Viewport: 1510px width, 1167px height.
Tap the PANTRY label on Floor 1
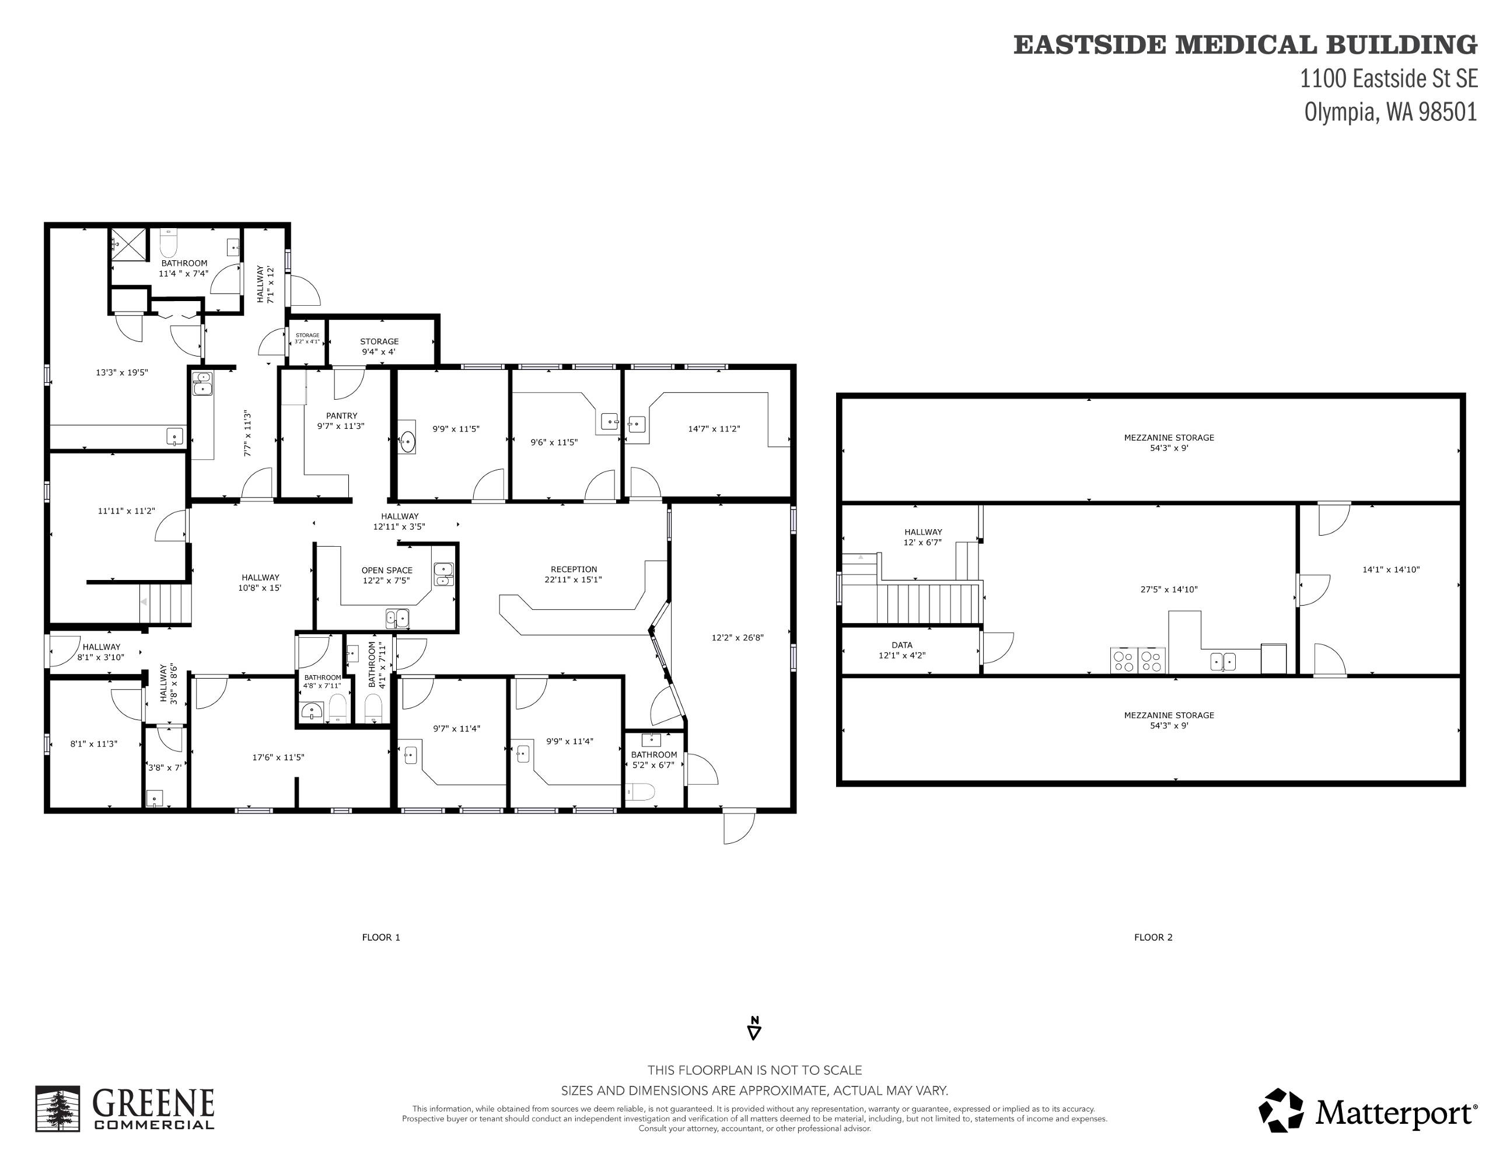[341, 415]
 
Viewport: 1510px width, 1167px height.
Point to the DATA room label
[901, 645]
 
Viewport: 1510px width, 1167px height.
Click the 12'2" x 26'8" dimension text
[737, 637]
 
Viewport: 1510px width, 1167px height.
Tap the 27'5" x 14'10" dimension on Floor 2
[1169, 590]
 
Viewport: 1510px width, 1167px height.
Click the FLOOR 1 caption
[381, 938]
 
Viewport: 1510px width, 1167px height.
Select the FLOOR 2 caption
[1154, 938]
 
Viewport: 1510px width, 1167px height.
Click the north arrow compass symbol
[754, 1028]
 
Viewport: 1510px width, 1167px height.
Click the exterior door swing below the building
[739, 827]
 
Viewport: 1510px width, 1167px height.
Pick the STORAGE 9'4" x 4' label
[379, 347]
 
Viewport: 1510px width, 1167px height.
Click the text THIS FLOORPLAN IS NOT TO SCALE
[754, 1070]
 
